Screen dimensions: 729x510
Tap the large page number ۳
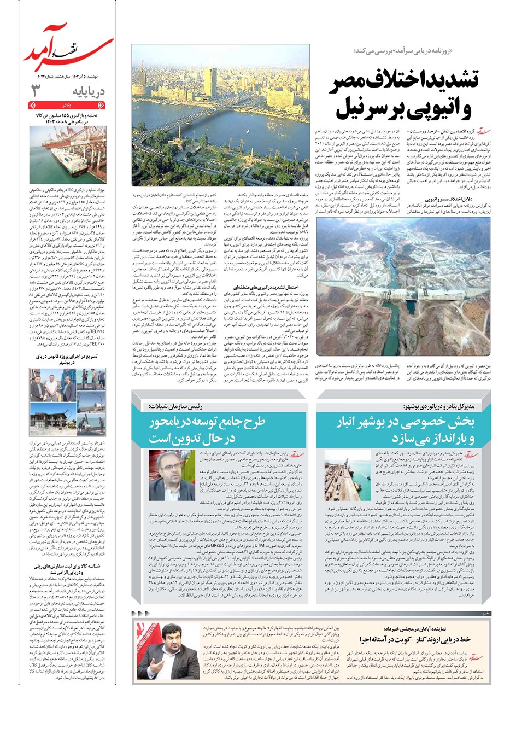coord(37,91)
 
